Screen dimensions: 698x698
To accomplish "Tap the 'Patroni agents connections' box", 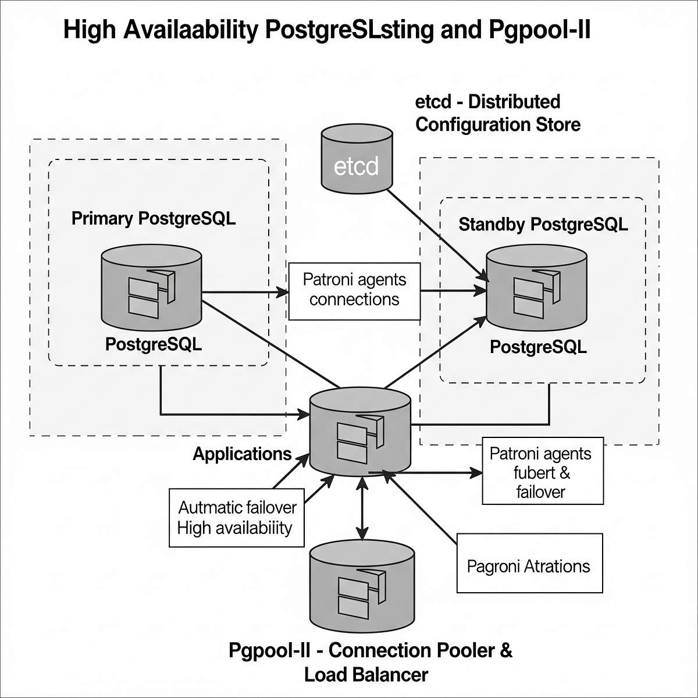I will pos(354,290).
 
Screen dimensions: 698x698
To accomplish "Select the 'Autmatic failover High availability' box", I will pos(236,517).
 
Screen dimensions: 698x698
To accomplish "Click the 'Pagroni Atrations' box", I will pos(529,566).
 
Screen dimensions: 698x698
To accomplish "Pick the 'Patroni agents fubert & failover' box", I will pos(542,473).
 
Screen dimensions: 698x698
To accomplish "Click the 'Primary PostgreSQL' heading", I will pos(154,219).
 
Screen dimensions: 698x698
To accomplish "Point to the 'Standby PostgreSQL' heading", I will pos(543,225).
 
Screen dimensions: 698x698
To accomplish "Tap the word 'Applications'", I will pos(242,454).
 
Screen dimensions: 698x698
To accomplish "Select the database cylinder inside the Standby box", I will pos(536,288).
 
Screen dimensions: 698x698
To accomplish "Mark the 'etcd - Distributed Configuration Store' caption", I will pos(497,113).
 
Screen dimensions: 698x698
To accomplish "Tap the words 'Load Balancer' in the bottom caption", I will pos(366,675).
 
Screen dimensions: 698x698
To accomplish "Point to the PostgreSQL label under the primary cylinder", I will pos(154,344).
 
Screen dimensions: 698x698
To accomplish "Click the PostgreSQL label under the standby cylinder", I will pos(538,347).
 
